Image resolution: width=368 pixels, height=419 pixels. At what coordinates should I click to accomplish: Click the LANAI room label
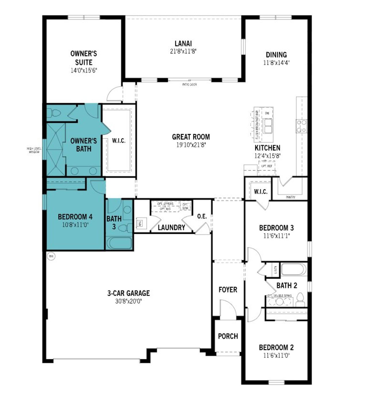pos(183,44)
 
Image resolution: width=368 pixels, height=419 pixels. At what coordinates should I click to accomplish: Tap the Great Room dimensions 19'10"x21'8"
pos(191,145)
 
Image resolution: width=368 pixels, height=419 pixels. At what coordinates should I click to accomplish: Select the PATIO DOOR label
pos(189,85)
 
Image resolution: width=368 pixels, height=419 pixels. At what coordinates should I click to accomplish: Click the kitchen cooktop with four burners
pos(302,126)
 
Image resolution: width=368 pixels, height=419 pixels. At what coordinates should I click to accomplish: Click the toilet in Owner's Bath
pos(54,113)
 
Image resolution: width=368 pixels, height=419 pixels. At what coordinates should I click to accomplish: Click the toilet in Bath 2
pos(300,299)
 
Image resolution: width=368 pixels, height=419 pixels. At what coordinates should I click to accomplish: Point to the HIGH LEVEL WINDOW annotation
pos(34,150)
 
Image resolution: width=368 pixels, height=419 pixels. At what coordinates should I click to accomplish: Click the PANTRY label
pos(291,197)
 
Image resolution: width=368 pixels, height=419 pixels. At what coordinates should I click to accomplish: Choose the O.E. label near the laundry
pos(202,216)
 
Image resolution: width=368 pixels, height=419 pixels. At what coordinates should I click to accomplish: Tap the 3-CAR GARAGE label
pos(129,293)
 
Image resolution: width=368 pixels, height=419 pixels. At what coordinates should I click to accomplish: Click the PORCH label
pos(228,336)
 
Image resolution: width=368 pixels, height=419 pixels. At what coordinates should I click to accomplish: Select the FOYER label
pos(228,290)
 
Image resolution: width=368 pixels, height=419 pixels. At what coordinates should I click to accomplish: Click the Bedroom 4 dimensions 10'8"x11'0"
pos(75,225)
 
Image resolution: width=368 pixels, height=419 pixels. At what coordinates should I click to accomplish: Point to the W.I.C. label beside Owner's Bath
pos(118,141)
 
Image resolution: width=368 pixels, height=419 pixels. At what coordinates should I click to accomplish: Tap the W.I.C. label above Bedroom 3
pos(260,192)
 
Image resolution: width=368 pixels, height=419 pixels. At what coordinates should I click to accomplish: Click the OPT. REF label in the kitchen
pos(267,166)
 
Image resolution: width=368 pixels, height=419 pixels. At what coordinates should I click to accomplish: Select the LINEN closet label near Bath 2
pos(275,270)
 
